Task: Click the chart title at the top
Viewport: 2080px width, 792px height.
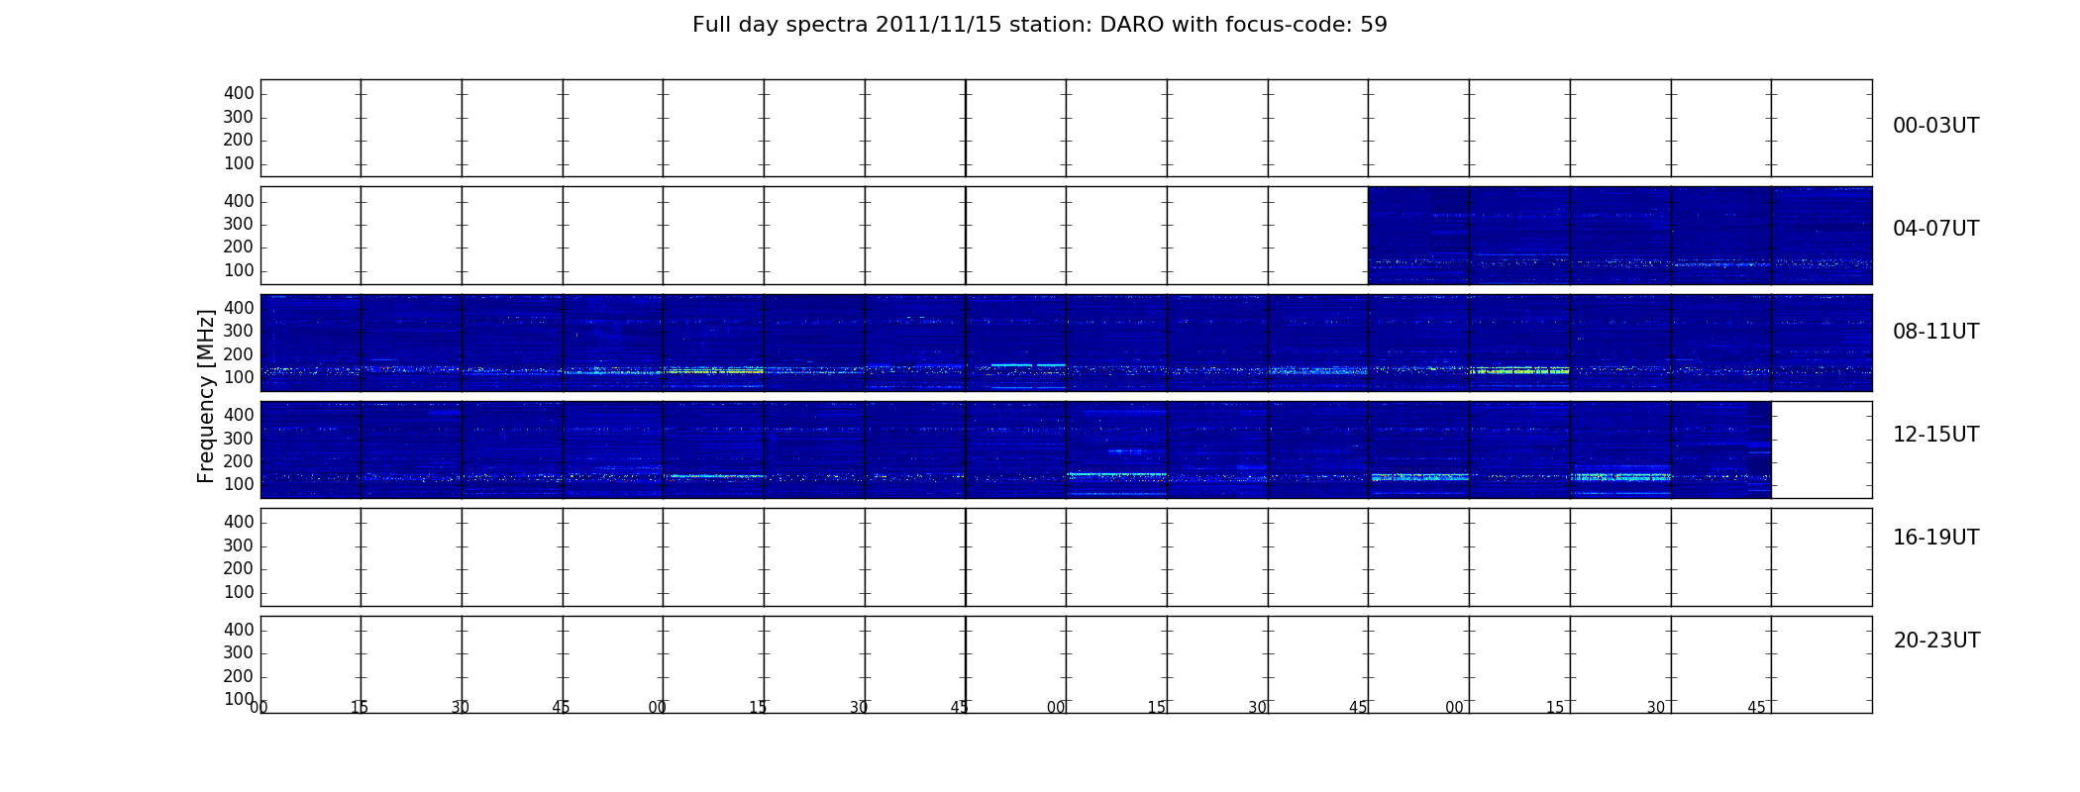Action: pos(1039,25)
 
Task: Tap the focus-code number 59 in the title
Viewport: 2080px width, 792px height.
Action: pos(1374,25)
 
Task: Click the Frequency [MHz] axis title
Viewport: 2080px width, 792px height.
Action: pos(206,396)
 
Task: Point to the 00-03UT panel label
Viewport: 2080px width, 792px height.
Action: pos(1936,126)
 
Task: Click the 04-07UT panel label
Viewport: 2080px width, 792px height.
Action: pos(1936,229)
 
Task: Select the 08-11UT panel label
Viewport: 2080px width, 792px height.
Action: pos(1936,332)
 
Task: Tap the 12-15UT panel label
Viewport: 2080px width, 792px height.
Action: pos(1936,435)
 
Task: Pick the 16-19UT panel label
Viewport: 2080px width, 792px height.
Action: pos(1936,538)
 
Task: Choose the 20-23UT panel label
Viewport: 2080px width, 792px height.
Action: pos(1936,641)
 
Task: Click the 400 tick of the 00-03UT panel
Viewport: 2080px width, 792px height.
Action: pos(239,93)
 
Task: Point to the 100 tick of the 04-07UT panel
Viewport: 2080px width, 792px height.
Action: pos(239,270)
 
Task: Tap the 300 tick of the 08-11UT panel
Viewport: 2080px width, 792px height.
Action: pos(239,332)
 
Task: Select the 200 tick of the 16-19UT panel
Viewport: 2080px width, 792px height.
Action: pos(239,568)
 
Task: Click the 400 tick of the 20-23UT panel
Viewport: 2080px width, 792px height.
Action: pos(239,630)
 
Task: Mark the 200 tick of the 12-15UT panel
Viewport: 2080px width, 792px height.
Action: pos(239,461)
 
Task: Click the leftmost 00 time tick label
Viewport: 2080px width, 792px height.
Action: pos(259,707)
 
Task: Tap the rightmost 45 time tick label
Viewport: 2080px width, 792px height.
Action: pos(1756,707)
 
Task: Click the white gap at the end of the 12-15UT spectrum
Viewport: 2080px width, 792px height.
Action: pos(1821,449)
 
